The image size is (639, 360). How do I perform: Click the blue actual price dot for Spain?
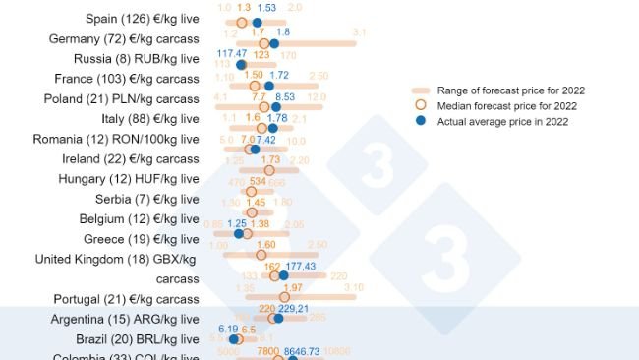[257, 22]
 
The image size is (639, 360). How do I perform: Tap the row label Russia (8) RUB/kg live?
[139, 58]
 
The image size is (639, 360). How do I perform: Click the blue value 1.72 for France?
[279, 75]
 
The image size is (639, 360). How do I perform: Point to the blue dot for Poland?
[276, 108]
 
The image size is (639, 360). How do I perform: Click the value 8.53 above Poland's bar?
[285, 97]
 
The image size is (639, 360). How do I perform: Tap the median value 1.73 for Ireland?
[270, 159]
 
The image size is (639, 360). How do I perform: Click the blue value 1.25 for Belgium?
[237, 223]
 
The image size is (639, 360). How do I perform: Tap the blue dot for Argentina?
[278, 318]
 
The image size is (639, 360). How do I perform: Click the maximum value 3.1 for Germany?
[359, 32]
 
